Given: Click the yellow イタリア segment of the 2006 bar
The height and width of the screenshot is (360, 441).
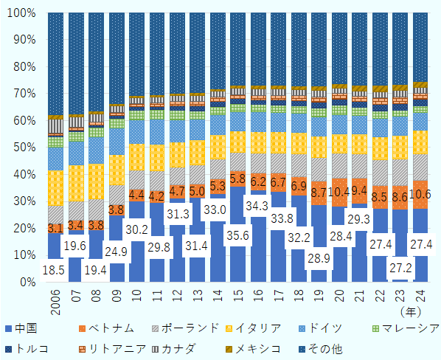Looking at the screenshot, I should coord(55,187).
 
